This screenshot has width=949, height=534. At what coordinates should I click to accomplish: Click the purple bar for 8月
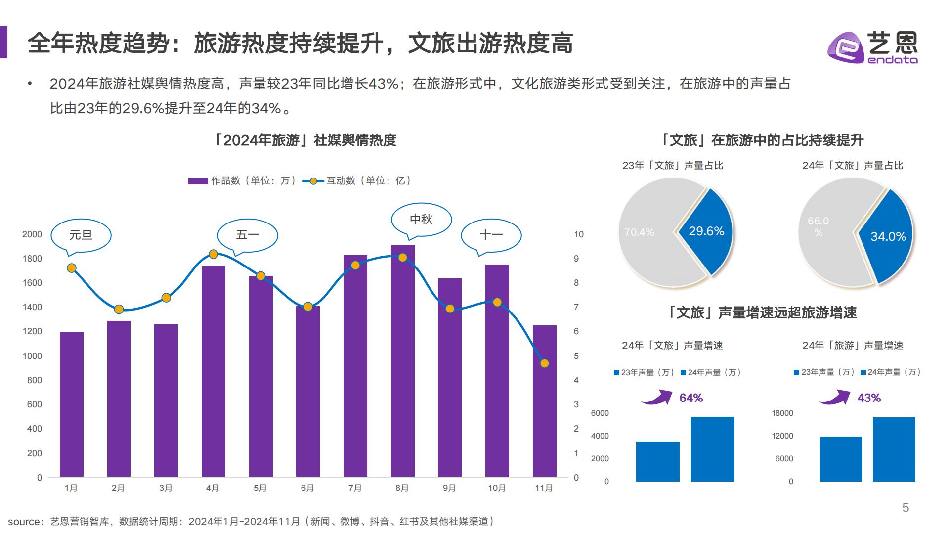pos(402,361)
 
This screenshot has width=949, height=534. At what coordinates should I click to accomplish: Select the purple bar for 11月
pos(544,401)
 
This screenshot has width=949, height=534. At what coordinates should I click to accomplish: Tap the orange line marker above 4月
pos(214,254)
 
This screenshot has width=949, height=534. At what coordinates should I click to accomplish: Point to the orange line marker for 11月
pos(545,363)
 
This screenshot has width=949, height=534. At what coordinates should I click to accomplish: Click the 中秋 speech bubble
pos(421,219)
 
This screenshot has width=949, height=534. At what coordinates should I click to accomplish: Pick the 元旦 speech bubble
pos(81,235)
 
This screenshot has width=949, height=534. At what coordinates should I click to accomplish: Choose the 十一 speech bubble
pos(491,235)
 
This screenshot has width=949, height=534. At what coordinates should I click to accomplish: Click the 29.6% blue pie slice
pos(706,231)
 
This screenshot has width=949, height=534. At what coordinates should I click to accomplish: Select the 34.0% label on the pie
pos(888,237)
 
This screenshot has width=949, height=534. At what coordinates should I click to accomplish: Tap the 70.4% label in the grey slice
pos(639,232)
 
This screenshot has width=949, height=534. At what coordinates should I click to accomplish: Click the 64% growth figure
pos(690,398)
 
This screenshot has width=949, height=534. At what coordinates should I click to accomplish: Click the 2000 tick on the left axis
pos(32,234)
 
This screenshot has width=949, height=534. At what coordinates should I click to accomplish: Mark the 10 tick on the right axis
pos(578,234)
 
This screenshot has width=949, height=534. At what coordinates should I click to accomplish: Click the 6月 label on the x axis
pos(307,488)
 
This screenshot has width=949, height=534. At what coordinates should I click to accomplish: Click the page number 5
pos(906,508)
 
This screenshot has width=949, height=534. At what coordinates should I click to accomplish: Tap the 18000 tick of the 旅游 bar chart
pos(782,413)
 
